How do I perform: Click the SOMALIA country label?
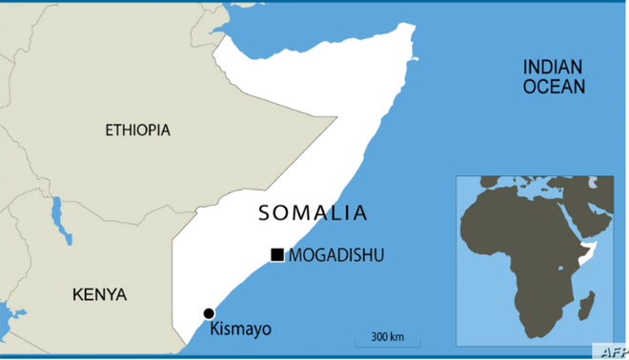(313, 213)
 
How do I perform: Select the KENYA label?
(99, 294)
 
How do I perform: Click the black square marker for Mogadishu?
(277, 254)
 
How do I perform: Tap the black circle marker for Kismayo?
(209, 313)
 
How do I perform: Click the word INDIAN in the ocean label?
(553, 67)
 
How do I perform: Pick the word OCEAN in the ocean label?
(553, 86)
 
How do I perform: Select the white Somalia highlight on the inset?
(588, 250)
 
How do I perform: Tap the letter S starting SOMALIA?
(265, 213)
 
